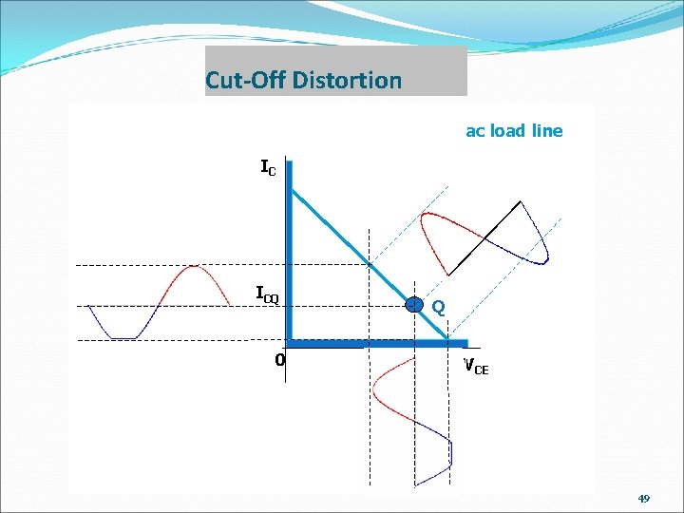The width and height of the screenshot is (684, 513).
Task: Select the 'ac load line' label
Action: point(513,131)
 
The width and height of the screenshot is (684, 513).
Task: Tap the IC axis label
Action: point(269,168)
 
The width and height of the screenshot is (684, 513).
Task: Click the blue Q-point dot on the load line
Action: point(414,305)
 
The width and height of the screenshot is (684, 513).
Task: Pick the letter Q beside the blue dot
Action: point(438,308)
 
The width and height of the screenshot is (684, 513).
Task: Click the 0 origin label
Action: point(279,360)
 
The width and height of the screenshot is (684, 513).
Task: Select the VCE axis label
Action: point(475,366)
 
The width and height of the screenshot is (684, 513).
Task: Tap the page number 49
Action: point(644,499)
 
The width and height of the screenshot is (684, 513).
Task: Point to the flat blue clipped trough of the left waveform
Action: point(124,337)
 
